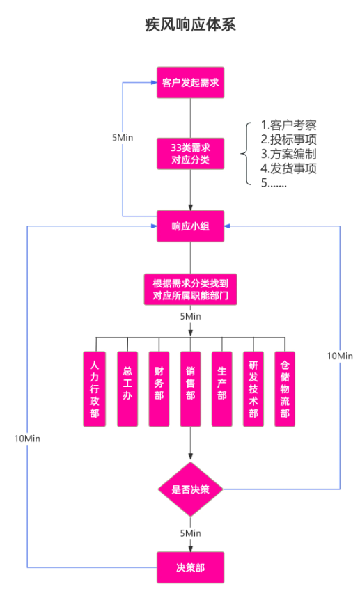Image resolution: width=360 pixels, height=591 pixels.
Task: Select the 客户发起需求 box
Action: pyautogui.click(x=191, y=83)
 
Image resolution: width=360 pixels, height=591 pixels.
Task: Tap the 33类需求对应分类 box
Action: pyautogui.click(x=191, y=154)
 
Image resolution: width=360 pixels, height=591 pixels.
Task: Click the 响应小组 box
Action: pyautogui.click(x=191, y=226)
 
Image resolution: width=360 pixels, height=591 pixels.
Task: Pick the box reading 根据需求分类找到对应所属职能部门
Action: pyautogui.click(x=191, y=290)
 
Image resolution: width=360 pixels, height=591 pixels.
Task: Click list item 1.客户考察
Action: pyautogui.click(x=289, y=125)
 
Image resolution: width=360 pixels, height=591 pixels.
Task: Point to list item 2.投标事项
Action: pyautogui.click(x=289, y=139)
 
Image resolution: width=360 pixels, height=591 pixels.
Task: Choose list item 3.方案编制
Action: pyautogui.click(x=289, y=154)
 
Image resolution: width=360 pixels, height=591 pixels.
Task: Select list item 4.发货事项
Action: pyautogui.click(x=289, y=168)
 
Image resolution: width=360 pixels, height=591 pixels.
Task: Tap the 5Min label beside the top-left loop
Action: pyautogui.click(x=122, y=137)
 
